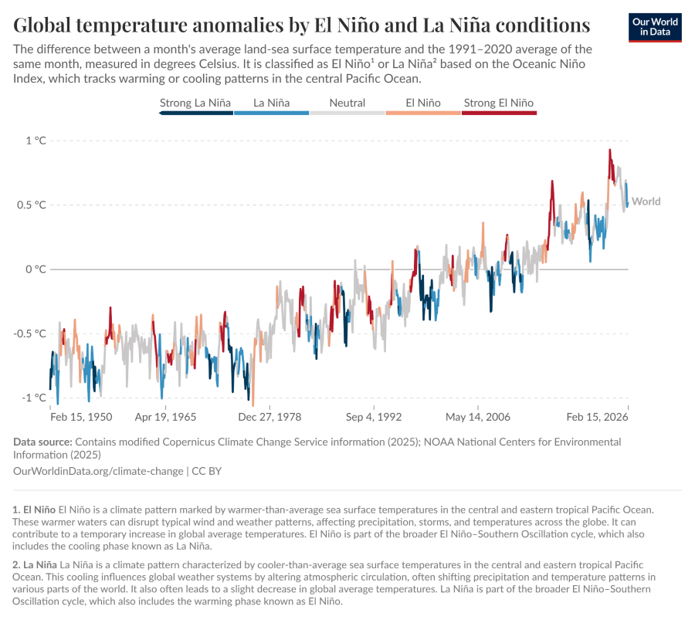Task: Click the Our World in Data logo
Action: [656, 26]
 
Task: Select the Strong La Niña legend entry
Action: [195, 103]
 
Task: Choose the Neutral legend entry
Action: [347, 103]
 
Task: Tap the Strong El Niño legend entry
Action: [498, 103]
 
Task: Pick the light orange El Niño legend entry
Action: [423, 103]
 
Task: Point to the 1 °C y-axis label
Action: [36, 141]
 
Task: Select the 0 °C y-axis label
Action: [36, 269]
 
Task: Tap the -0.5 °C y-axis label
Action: [31, 334]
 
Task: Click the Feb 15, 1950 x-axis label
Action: [81, 417]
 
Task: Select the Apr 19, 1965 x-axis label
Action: [165, 417]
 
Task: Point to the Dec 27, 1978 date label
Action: [270, 417]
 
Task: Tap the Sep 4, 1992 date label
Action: [374, 417]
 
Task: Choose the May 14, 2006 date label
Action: [478, 417]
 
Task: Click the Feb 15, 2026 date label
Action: [597, 417]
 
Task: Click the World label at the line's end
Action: [646, 202]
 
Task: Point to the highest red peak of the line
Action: [610, 151]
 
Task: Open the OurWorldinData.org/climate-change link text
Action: [98, 470]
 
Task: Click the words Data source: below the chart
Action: [42, 442]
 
